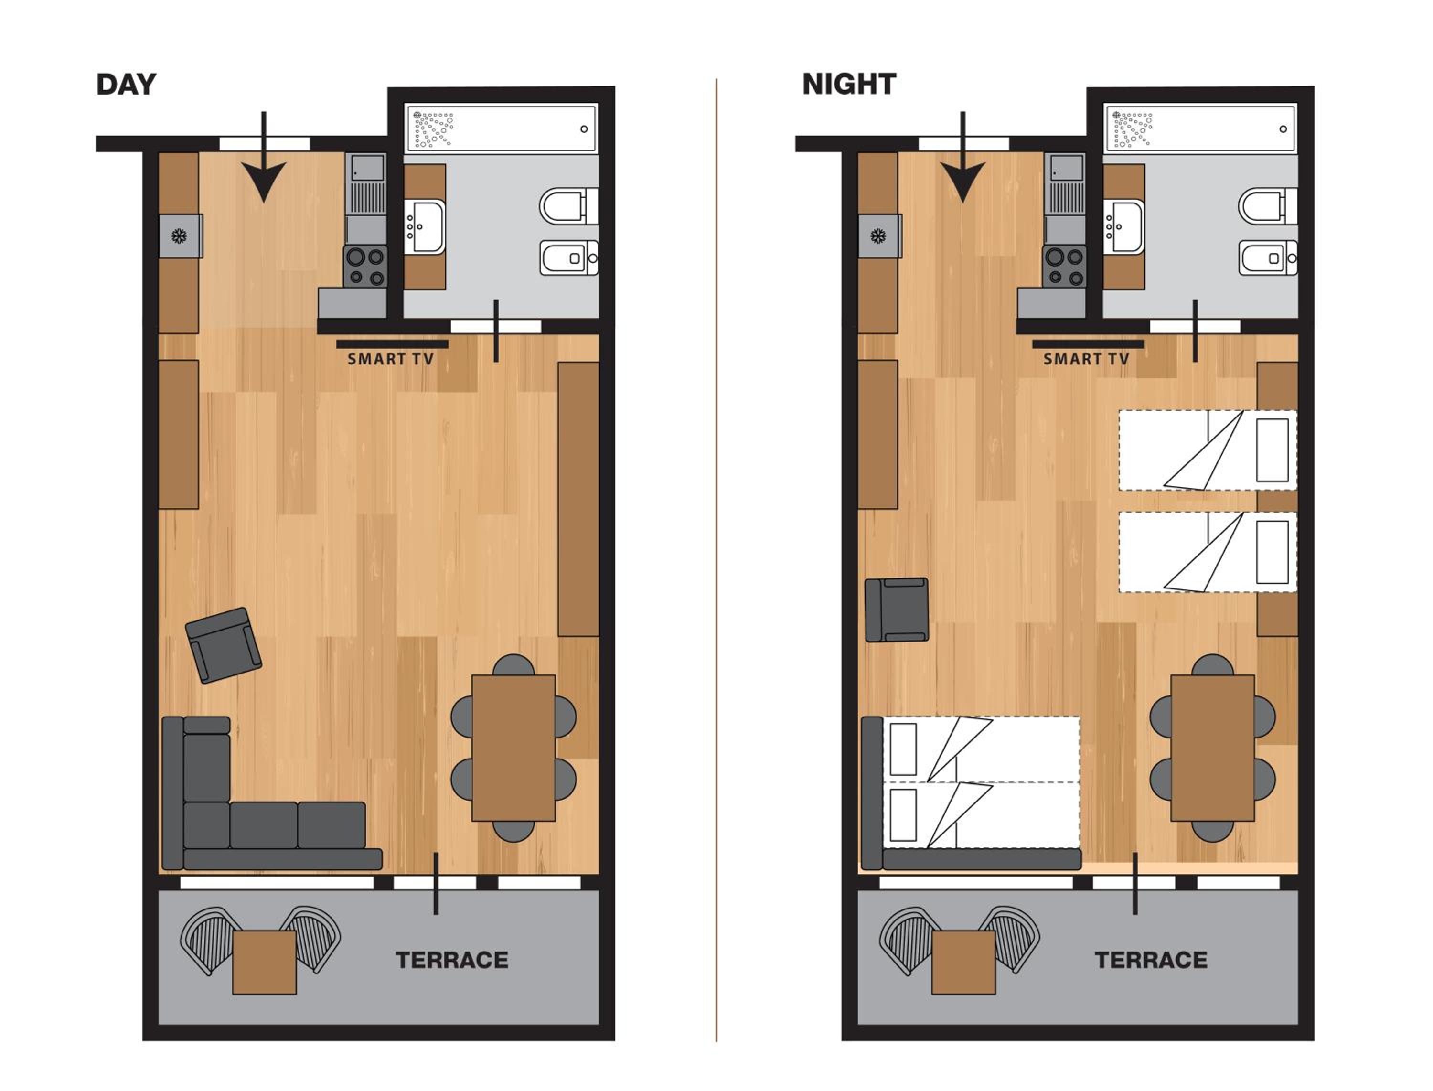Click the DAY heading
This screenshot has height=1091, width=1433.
click(x=126, y=85)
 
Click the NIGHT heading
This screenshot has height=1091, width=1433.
click(x=849, y=85)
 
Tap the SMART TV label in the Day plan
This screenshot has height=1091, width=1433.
click(x=390, y=359)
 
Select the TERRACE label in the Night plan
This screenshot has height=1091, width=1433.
click(x=1151, y=960)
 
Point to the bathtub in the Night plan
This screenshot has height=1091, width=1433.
click(x=1200, y=128)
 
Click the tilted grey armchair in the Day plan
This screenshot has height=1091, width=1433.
click(x=224, y=645)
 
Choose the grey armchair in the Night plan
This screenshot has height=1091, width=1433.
click(x=897, y=610)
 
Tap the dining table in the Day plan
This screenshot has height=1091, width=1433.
click(x=513, y=748)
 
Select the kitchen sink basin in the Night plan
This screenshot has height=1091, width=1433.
click(x=1064, y=168)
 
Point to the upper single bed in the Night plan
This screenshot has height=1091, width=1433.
click(x=1208, y=450)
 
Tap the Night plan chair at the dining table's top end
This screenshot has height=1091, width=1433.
click(x=1212, y=665)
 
